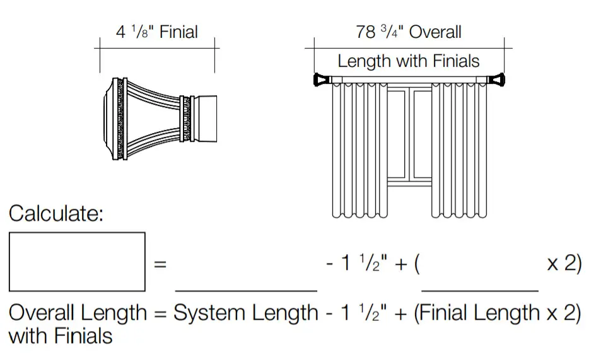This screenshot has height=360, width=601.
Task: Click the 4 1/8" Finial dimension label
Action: click(x=156, y=32)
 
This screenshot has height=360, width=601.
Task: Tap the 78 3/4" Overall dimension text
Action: click(x=409, y=32)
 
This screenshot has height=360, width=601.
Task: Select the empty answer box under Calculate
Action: click(x=77, y=262)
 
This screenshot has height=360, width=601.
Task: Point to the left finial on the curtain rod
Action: click(x=322, y=80)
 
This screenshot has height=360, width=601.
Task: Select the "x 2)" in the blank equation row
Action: click(x=564, y=263)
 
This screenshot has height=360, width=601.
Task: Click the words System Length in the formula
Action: click(x=246, y=313)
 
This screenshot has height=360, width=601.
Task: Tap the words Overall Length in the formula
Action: click(x=78, y=313)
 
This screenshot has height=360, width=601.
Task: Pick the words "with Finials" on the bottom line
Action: click(x=61, y=335)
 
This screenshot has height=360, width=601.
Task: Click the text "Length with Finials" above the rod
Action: click(x=409, y=61)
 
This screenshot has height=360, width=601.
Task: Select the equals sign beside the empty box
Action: click(x=160, y=264)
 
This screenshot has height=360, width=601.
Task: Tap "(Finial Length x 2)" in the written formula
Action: click(x=497, y=313)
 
